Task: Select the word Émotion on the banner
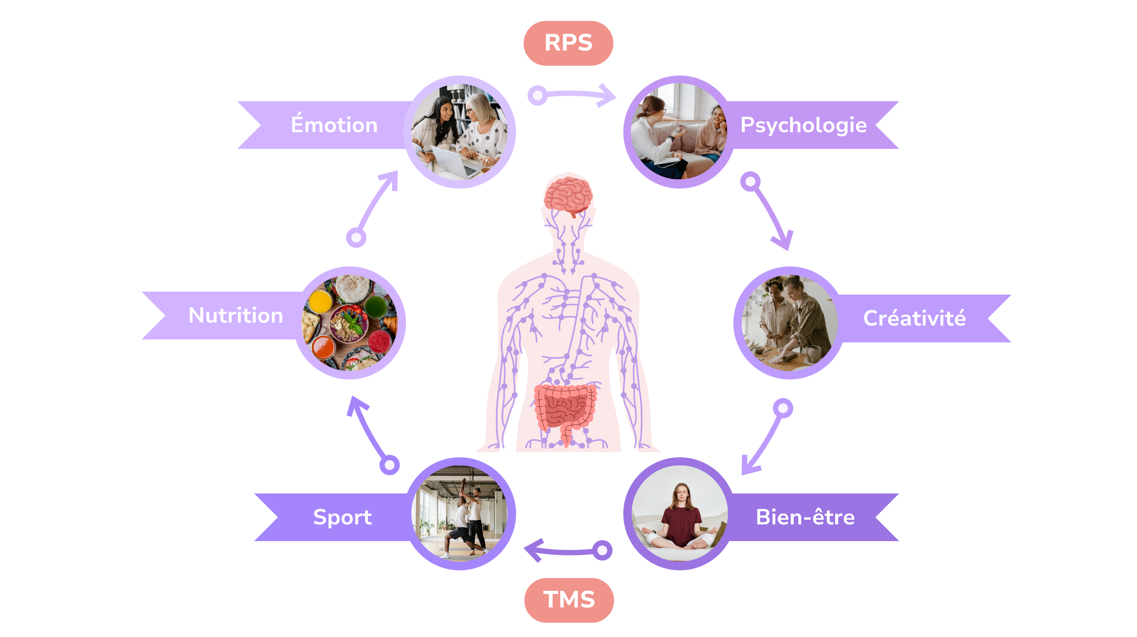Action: pyautogui.click(x=334, y=125)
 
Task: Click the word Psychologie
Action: pyautogui.click(x=803, y=125)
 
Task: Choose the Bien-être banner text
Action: pyautogui.click(x=805, y=517)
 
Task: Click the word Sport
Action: pyautogui.click(x=342, y=517)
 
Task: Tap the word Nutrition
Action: pyautogui.click(x=236, y=315)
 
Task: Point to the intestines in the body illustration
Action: pyautogui.click(x=565, y=408)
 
